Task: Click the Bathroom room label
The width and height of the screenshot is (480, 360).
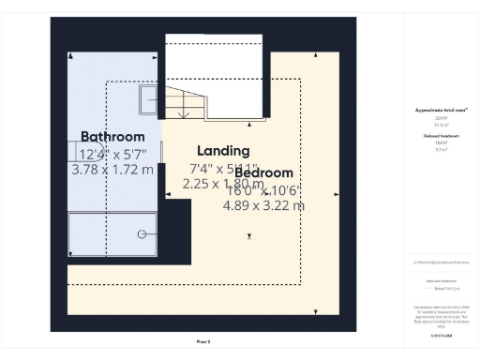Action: (x=112, y=137)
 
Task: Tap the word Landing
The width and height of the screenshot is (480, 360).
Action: (x=223, y=151)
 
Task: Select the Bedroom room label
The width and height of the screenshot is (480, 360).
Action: (x=263, y=172)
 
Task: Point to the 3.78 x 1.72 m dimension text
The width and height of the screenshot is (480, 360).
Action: (x=112, y=171)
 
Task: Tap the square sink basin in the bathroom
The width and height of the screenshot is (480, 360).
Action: (x=150, y=100)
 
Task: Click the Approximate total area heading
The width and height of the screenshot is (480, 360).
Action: (x=441, y=111)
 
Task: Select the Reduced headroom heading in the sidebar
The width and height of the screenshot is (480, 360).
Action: (x=441, y=136)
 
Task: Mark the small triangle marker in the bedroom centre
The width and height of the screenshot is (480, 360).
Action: (x=249, y=235)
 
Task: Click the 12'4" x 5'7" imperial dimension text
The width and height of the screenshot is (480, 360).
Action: (x=112, y=155)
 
